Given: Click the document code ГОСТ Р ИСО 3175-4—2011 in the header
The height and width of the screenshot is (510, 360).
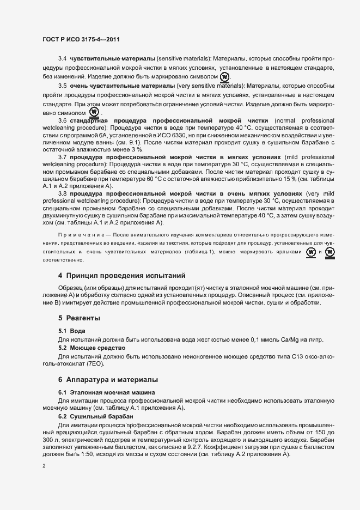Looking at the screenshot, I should click(x=82, y=39).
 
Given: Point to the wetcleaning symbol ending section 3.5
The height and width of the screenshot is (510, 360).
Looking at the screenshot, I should click(x=94, y=113).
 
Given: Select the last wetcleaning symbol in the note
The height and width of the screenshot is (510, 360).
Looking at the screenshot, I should click(x=330, y=252).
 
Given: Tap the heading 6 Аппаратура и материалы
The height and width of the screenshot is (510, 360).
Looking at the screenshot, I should click(x=108, y=379).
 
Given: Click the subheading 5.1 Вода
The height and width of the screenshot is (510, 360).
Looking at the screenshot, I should click(x=72, y=331).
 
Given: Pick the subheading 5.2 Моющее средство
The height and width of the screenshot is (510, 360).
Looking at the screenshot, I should click(x=92, y=347).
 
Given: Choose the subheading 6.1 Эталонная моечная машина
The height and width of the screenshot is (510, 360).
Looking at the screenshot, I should click(x=107, y=392).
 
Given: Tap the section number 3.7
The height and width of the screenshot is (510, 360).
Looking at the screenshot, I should click(x=62, y=156).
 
